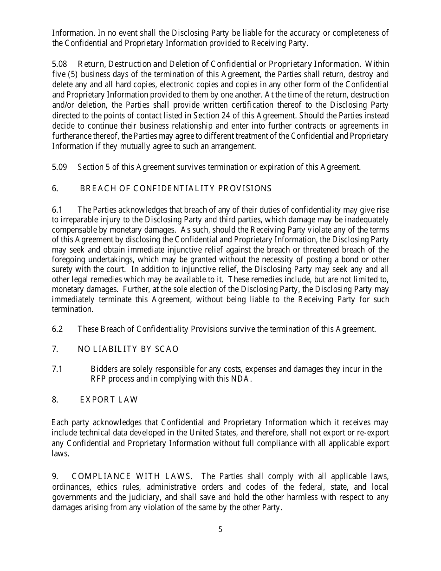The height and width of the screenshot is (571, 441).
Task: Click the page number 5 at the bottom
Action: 220,529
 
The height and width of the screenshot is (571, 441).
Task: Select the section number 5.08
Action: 59,64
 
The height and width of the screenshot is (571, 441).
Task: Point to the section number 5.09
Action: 59,167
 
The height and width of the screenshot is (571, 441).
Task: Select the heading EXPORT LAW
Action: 109,400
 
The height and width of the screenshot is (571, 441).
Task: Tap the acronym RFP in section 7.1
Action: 98,379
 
